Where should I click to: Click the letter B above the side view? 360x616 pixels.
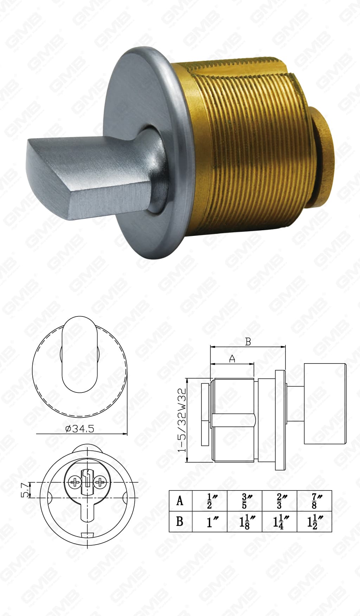[248, 342]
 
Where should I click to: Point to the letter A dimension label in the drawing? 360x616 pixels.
[232, 359]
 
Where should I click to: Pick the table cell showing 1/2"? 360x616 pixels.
[210, 501]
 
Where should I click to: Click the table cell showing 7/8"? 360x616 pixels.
[314, 501]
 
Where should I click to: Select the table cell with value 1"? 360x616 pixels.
[210, 522]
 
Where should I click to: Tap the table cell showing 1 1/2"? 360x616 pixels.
[314, 522]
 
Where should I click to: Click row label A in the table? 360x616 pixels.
[180, 501]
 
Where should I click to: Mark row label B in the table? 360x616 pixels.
[180, 521]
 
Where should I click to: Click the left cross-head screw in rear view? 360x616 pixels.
[75, 482]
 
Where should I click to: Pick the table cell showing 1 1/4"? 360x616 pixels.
[280, 522]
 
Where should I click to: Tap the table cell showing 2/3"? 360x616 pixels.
[280, 501]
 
